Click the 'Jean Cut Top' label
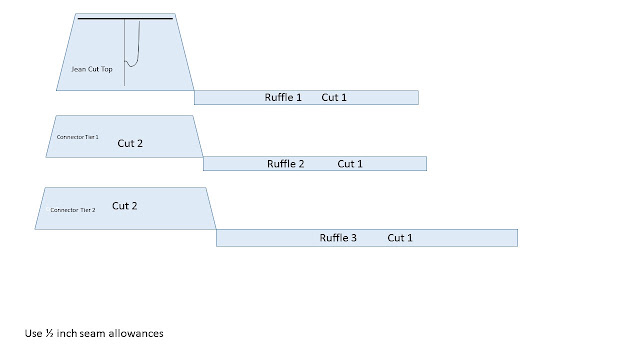92,69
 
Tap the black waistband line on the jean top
125,18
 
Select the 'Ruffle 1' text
283,98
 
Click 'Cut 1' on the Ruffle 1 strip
334,98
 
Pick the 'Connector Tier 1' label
78,137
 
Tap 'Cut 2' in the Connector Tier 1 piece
130,143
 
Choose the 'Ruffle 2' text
286,164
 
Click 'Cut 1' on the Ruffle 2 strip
350,164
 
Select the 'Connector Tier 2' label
73,210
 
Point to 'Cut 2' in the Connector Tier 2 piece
124,206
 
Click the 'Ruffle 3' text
338,238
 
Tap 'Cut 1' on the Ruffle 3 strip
400,238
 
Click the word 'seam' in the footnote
92,334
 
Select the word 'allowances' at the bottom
136,333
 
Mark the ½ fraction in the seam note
49,333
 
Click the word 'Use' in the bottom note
33,333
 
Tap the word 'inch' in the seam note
67,333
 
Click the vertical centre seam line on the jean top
124,53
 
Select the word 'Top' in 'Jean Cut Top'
107,69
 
